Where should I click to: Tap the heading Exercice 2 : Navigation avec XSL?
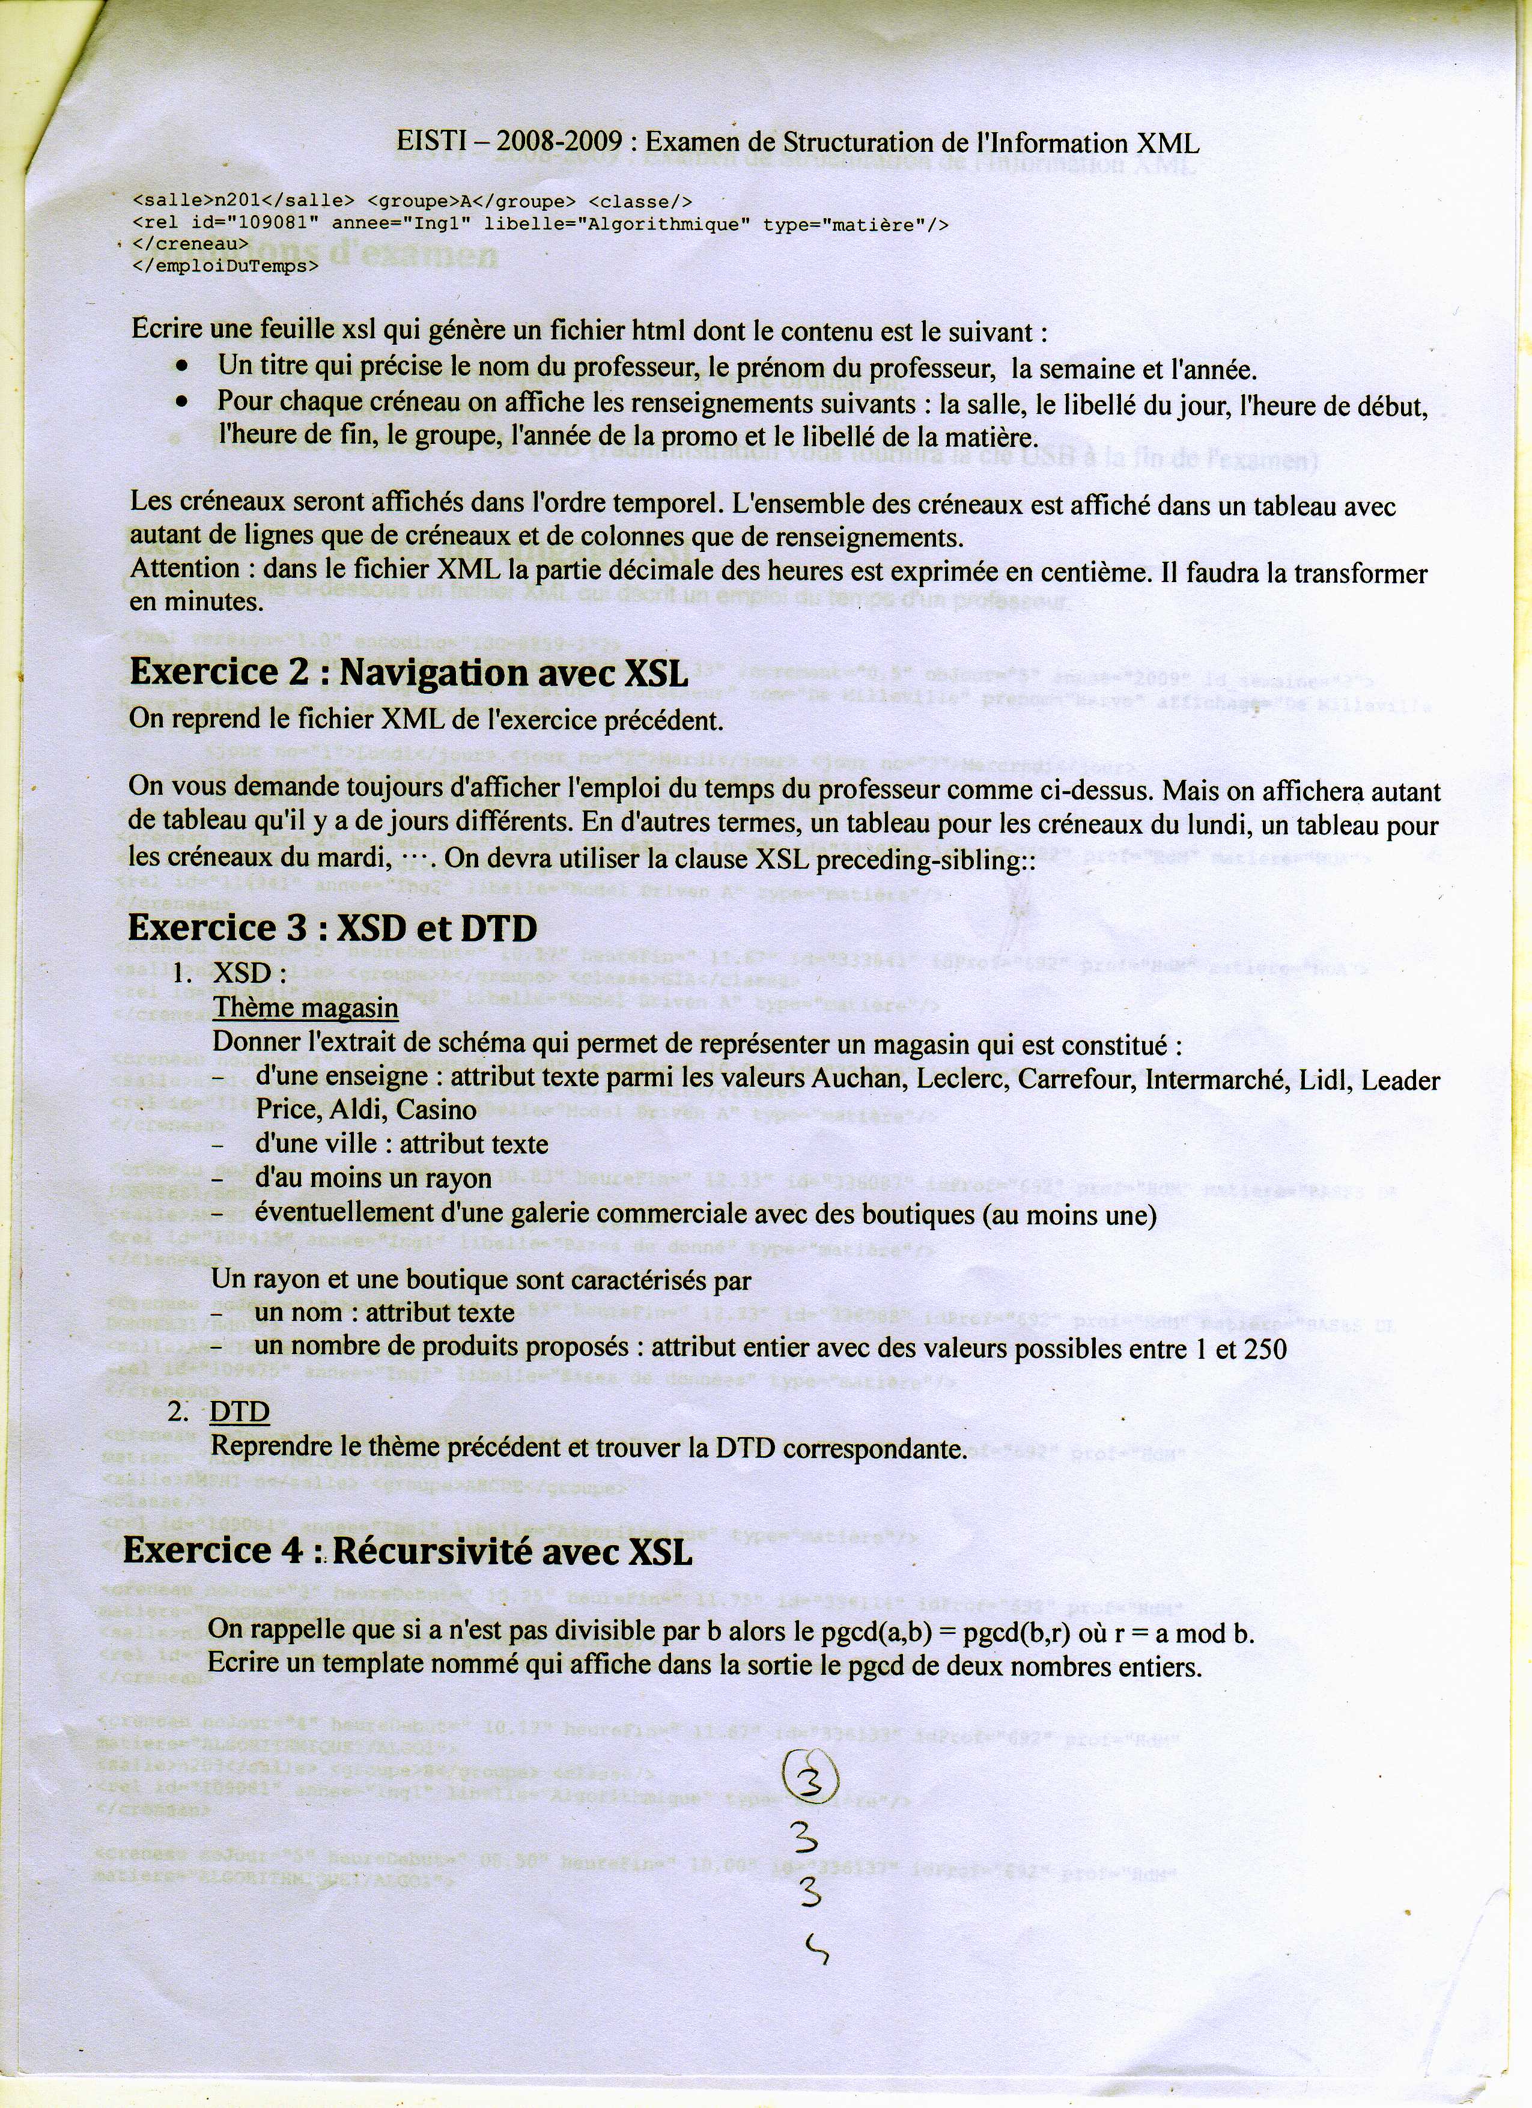point(409,673)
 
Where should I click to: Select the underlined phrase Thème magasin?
point(306,1009)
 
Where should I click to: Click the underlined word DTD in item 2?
point(240,1412)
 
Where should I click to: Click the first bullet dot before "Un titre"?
point(183,368)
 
